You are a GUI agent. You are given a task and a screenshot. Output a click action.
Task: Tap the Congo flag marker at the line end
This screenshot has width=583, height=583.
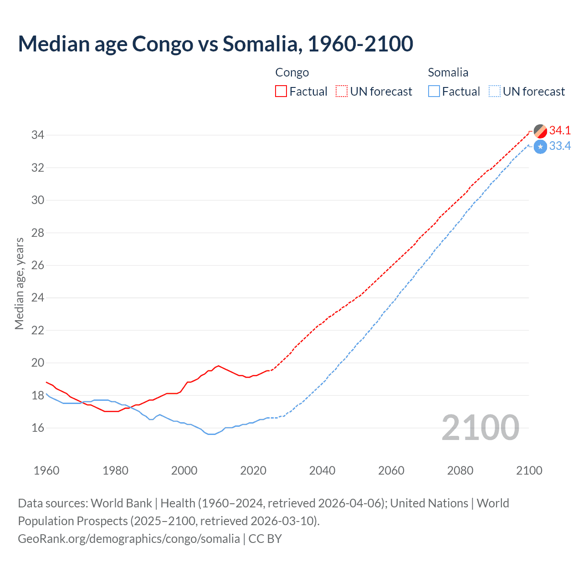[540, 131]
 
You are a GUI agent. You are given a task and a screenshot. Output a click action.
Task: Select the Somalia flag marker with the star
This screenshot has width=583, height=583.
[540, 147]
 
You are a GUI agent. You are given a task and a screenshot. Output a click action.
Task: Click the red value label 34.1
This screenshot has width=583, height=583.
[560, 130]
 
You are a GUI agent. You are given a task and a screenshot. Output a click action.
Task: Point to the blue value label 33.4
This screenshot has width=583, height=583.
[560, 146]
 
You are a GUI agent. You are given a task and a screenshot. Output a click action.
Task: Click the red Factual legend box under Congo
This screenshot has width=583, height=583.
[281, 92]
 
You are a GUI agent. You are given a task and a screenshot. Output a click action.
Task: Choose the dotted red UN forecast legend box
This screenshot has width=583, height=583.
[342, 92]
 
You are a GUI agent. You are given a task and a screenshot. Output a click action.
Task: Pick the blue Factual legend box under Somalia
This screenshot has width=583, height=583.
[434, 92]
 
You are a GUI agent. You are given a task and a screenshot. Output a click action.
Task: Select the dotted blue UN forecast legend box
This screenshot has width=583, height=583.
[494, 92]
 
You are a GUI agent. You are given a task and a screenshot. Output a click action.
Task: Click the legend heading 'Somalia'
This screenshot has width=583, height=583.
[448, 72]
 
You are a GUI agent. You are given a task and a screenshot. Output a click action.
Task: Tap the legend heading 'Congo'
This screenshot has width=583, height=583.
[292, 72]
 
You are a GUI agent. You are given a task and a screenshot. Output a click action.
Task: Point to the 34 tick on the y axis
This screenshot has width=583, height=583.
[37, 135]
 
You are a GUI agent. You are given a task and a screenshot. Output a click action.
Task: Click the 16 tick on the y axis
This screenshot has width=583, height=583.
[37, 428]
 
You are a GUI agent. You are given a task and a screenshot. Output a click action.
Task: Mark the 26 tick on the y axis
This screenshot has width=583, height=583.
[37, 265]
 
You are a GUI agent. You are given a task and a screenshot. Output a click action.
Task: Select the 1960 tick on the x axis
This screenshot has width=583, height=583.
[46, 470]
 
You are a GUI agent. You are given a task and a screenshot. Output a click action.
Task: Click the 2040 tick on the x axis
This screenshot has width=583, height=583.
[322, 470]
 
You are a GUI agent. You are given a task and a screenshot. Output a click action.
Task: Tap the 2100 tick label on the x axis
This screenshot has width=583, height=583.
[529, 470]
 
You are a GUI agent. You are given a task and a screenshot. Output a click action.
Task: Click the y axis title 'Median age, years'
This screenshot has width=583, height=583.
[19, 283]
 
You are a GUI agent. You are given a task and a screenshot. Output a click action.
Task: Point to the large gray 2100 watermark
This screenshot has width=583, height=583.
[480, 428]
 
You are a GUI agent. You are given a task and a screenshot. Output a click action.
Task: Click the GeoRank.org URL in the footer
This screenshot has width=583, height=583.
[128, 538]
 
